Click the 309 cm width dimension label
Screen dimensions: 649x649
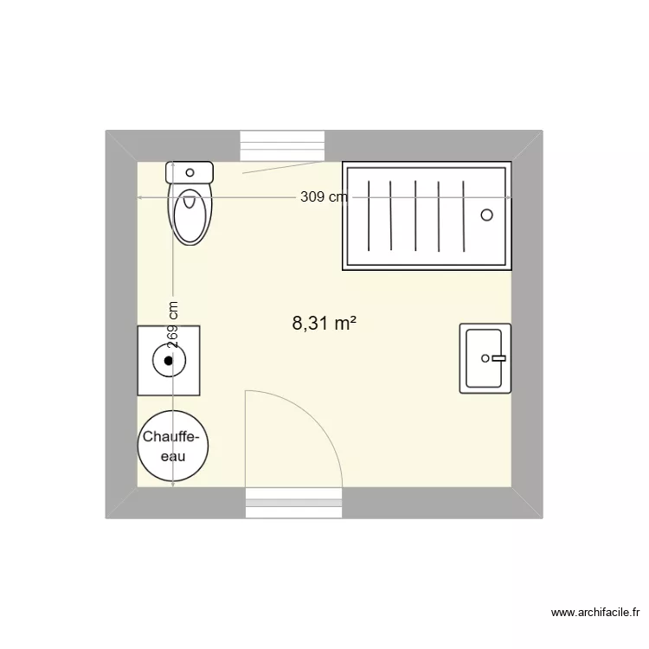tap(324, 196)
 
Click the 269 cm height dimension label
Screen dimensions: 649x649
tap(172, 324)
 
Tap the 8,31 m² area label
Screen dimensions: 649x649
tap(324, 323)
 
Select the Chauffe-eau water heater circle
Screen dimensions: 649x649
tap(173, 447)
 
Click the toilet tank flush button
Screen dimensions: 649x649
tap(190, 172)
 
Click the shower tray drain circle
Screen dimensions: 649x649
tap(486, 215)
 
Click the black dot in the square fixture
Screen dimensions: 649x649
tap(169, 361)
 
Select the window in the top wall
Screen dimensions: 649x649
tap(282, 145)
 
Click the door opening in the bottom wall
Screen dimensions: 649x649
tap(294, 503)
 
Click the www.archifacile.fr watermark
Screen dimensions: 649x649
tap(595, 612)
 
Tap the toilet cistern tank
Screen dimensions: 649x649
tap(190, 172)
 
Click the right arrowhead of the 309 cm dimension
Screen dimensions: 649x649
tap(509, 198)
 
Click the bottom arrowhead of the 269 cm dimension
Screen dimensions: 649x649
tap(173, 484)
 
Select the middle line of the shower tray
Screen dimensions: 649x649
tap(415, 215)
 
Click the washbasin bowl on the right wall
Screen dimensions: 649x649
tap(484, 358)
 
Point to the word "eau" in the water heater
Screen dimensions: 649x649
tap(173, 457)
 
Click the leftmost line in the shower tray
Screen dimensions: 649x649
tap(369, 215)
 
